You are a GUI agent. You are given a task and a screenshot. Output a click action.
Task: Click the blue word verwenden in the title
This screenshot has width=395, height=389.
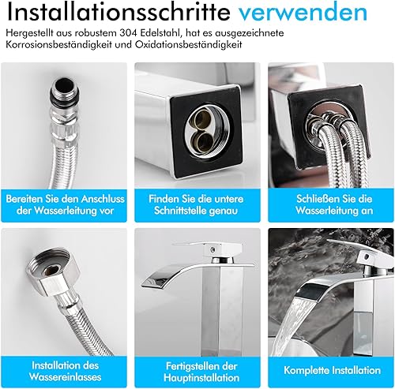pyautogui.click(x=303, y=13)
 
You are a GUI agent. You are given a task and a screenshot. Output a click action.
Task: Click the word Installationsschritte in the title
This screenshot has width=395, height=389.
pyautogui.click(x=118, y=12)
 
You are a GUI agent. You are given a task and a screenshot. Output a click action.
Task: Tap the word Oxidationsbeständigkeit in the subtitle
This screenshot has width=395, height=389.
pyautogui.click(x=189, y=44)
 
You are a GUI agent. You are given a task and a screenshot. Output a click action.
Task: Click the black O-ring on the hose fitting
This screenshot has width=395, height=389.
pyautogui.click(x=65, y=97)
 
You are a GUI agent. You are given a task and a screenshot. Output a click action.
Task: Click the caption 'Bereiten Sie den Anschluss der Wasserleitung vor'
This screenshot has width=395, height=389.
pyautogui.click(x=65, y=204)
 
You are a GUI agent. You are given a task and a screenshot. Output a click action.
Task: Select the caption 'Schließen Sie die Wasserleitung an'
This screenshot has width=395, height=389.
pyautogui.click(x=334, y=204)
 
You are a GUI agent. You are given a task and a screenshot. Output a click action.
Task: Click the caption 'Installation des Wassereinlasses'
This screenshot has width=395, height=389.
pyautogui.click(x=65, y=371)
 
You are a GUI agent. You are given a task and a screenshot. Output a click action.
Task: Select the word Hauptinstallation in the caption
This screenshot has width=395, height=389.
pyautogui.click(x=201, y=378)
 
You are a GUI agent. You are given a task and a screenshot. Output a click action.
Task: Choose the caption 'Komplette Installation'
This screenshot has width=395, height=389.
pyautogui.click(x=333, y=370)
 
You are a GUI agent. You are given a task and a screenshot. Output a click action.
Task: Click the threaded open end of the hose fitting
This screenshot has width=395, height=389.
pyautogui.click(x=64, y=86)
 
